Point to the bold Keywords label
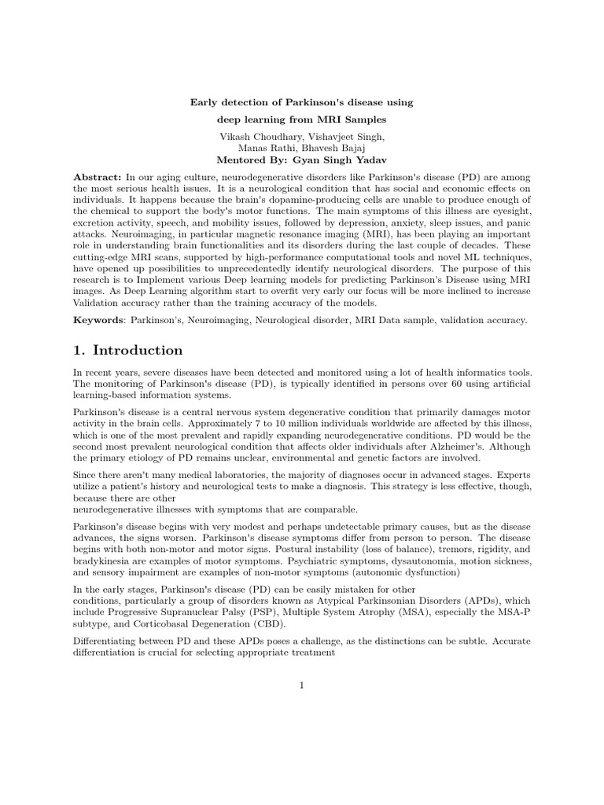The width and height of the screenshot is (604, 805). point(100,320)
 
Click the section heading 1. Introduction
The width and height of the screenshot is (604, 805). point(128,351)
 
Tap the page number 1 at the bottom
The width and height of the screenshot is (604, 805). point(301,686)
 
